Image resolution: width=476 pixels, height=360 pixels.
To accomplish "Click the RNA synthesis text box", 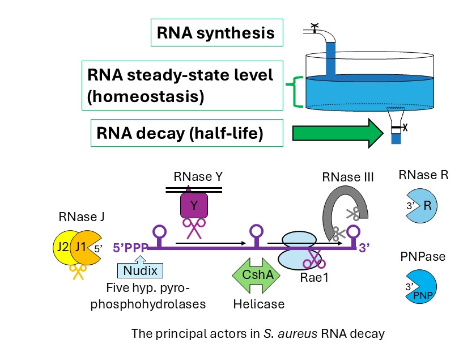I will click(216, 33).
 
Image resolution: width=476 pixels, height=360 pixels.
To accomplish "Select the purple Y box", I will click(194, 206).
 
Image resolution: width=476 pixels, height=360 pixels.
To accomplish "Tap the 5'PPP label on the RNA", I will click(130, 247).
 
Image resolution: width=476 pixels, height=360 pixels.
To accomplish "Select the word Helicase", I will click(258, 304).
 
